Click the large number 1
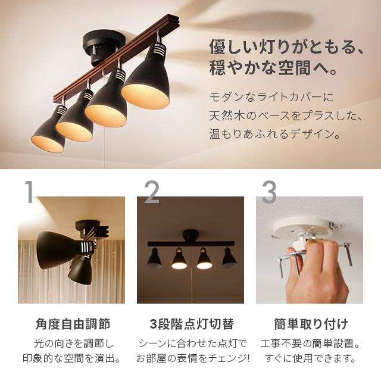click(x=28, y=192)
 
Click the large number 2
click(x=152, y=192)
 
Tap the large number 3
click(x=269, y=192)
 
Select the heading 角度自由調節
click(x=72, y=324)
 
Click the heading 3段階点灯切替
click(x=190, y=324)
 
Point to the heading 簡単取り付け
click(x=310, y=324)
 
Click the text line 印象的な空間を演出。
click(x=72, y=358)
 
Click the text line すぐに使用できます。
click(x=310, y=358)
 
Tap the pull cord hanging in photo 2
click(x=191, y=280)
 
